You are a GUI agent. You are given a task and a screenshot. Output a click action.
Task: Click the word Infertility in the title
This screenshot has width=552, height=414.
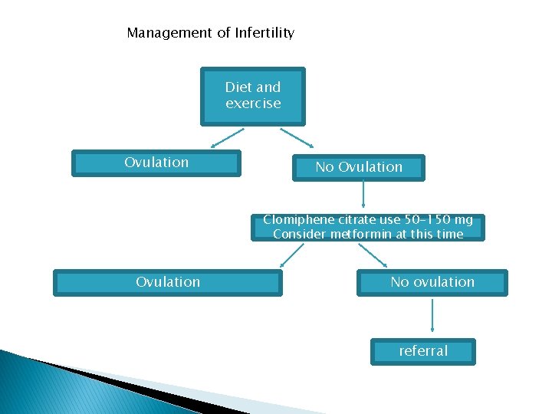pyautogui.click(x=264, y=33)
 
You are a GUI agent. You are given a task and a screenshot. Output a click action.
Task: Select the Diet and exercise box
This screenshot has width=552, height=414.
pyautogui.click(x=253, y=96)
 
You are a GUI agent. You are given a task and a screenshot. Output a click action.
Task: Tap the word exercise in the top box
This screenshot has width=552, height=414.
pyautogui.click(x=253, y=103)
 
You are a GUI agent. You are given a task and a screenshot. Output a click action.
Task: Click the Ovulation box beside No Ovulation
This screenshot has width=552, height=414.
pyautogui.click(x=156, y=163)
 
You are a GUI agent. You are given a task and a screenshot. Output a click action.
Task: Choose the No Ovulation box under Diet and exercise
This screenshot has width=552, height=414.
pyautogui.click(x=358, y=167)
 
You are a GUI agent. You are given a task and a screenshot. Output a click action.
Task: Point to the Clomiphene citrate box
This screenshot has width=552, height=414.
pyautogui.click(x=368, y=227)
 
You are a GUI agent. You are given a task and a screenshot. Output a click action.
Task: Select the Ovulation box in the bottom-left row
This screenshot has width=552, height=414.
pyautogui.click(x=168, y=282)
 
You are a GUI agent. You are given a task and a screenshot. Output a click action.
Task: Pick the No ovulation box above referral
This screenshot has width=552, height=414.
pyautogui.click(x=432, y=282)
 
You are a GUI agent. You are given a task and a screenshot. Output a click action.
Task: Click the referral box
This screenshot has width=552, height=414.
pyautogui.click(x=423, y=351)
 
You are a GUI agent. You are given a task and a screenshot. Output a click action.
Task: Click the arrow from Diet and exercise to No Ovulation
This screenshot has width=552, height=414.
pyautogui.click(x=297, y=137)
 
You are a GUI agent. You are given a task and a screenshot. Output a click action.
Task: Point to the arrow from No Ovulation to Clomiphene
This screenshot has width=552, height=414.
pyautogui.click(x=363, y=198)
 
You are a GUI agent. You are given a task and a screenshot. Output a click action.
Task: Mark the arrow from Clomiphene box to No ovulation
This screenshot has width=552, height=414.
pyautogui.click(x=373, y=256)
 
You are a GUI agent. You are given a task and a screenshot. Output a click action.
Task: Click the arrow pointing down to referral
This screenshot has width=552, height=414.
pyautogui.click(x=433, y=316)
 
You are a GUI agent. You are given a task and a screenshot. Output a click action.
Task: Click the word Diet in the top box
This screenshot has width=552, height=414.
pyautogui.click(x=237, y=87)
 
